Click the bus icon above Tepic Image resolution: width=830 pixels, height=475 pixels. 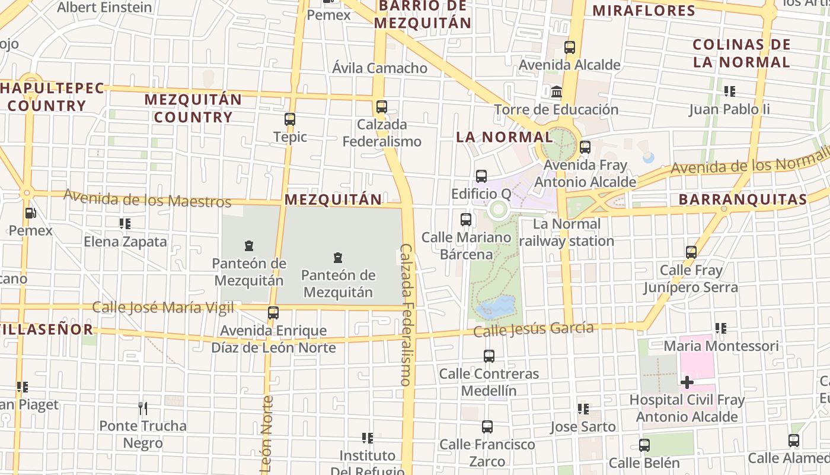coord(290,119)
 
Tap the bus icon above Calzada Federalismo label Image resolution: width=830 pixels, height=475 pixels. coord(382,107)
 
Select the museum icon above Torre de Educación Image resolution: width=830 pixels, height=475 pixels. coord(557,92)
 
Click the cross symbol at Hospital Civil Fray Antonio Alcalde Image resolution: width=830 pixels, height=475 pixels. coord(687,382)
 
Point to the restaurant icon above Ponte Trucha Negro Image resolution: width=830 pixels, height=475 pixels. coord(142,408)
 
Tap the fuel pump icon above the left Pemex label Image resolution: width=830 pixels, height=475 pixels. coord(30,213)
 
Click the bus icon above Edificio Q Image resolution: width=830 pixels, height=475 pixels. coord(481,176)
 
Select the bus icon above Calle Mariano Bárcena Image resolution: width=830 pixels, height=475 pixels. coord(466,220)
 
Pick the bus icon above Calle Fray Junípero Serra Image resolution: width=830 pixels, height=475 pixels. coord(691,252)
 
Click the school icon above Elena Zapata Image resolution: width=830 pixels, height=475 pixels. coord(124,224)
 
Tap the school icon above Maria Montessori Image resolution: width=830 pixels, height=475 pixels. coord(721,328)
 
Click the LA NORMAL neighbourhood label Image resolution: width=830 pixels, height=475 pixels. coord(504,137)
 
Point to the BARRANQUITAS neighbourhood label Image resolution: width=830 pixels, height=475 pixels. coord(743,199)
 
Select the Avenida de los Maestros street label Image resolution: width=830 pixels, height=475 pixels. coord(147,198)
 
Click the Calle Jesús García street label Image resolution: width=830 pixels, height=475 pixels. coord(533,329)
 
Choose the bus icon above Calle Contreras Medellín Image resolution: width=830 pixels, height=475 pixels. coord(489,356)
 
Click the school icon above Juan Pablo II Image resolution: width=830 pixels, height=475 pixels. coord(729,91)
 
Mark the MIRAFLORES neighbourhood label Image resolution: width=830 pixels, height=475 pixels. coord(644,11)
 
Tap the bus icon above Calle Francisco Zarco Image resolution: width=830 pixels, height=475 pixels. coord(487,427)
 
